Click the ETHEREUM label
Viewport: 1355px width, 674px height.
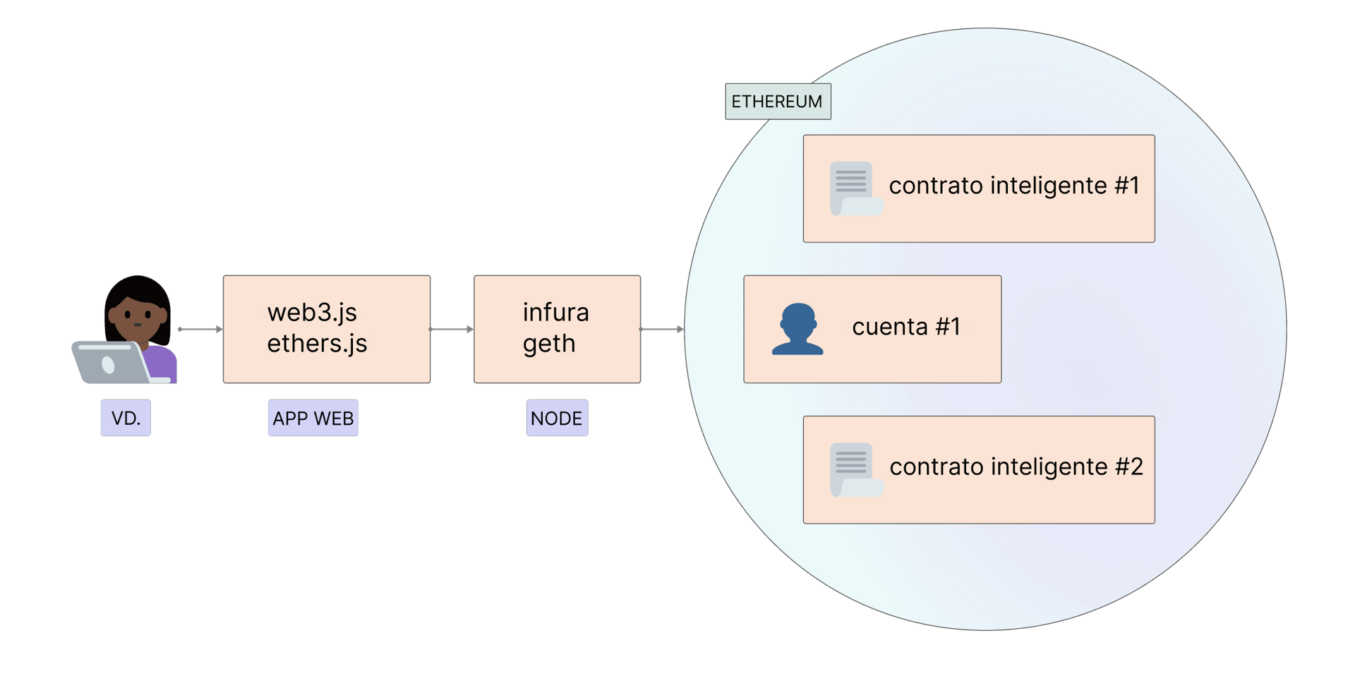[777, 102]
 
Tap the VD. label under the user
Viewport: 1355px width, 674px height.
[126, 418]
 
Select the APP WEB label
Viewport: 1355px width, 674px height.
[313, 418]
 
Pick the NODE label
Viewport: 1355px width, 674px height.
[556, 418]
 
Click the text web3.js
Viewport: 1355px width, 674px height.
[312, 312]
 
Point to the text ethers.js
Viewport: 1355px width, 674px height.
[317, 343]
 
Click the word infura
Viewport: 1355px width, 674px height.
[555, 312]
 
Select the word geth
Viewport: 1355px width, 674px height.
[549, 344]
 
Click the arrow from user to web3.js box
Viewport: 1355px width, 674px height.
[199, 330]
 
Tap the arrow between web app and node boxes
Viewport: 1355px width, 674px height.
[452, 330]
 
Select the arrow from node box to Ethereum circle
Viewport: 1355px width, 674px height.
[662, 330]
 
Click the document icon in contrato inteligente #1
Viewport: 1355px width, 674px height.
[855, 188]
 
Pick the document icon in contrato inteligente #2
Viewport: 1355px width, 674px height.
[855, 469]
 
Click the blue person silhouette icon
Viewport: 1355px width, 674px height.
[797, 330]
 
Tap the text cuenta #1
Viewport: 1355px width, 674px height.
[906, 327]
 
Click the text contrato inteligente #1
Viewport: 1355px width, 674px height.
[1013, 186]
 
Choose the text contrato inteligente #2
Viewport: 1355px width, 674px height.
[1016, 467]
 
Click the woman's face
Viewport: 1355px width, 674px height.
[138, 316]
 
